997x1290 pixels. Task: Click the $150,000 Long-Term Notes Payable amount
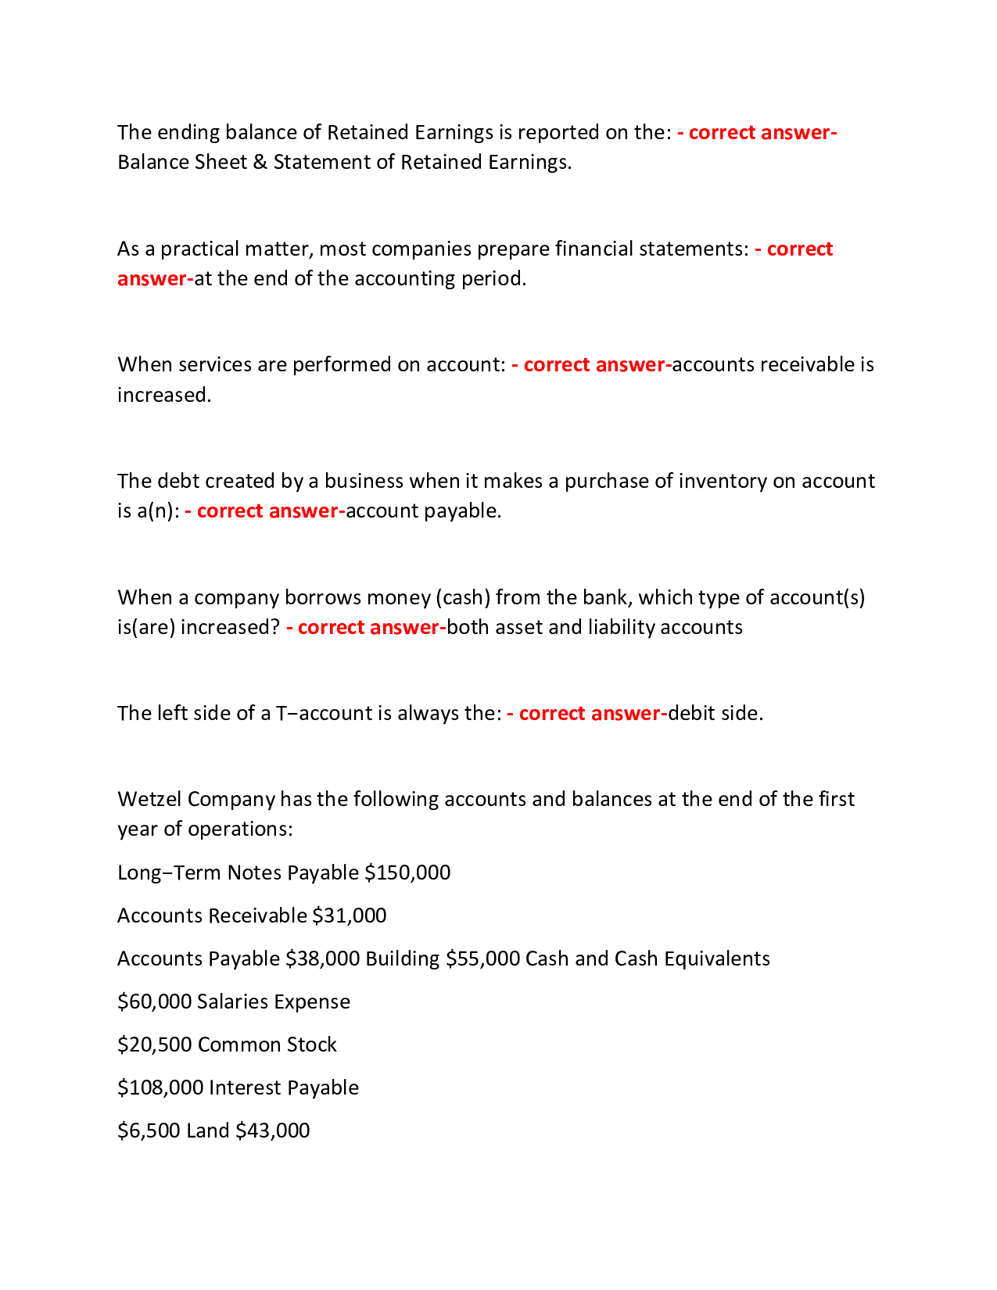[407, 873]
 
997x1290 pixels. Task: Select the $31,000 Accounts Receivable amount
[349, 916]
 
